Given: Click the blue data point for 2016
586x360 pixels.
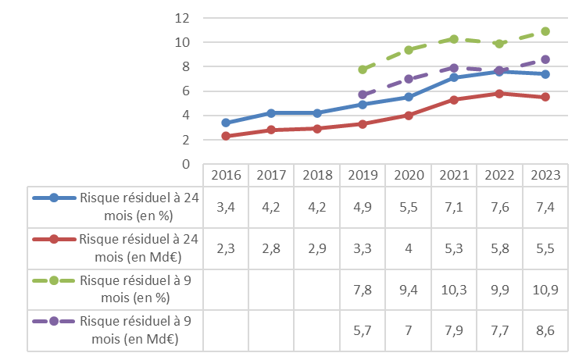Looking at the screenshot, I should [x=226, y=123].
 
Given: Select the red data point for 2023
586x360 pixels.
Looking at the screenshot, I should [x=545, y=97].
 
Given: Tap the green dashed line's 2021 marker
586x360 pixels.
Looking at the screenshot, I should [x=453, y=38].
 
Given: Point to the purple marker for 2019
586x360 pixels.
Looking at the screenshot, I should [x=362, y=94].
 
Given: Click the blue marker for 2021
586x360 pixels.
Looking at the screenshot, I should [x=453, y=77].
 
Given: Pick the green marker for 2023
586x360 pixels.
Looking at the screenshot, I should [x=545, y=31].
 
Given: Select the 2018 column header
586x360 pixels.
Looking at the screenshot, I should [x=316, y=175].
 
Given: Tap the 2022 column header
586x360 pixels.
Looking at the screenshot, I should [x=499, y=175].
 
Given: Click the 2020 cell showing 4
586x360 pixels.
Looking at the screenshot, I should [x=408, y=248].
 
